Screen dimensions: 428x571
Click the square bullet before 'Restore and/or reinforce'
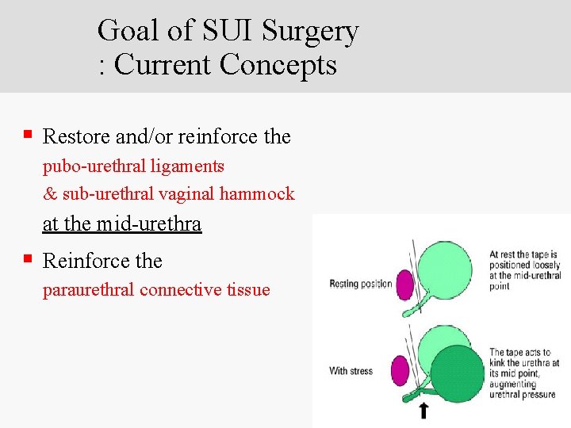click(x=28, y=135)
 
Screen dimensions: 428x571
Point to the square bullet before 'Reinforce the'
click(x=28, y=258)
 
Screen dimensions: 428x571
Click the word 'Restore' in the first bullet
click(x=77, y=136)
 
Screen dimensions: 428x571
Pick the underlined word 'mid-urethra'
click(x=148, y=224)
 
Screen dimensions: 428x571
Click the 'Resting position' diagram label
click(x=361, y=284)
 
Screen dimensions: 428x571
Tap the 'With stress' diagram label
click(x=351, y=370)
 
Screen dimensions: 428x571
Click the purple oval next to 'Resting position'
click(x=404, y=284)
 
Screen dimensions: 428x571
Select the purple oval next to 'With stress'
click(x=400, y=369)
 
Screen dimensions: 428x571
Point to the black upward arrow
click(x=424, y=410)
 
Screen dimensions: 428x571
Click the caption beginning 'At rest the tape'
click(x=524, y=270)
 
